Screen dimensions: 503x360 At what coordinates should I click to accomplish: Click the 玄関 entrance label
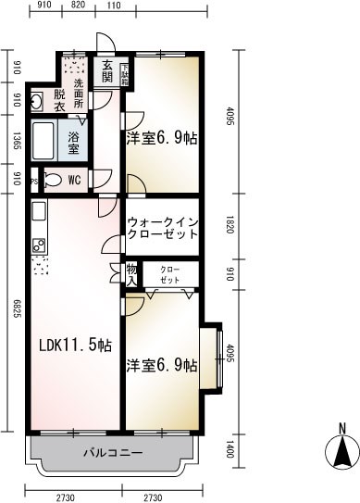[106, 71]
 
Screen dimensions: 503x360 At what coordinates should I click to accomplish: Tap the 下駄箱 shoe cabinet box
[125, 70]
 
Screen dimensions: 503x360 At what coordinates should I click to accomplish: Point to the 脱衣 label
[58, 102]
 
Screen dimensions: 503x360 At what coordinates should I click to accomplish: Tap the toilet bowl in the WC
[51, 180]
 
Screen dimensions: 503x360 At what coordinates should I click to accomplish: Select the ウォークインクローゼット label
[161, 229]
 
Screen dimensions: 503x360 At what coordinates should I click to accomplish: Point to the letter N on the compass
[341, 428]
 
